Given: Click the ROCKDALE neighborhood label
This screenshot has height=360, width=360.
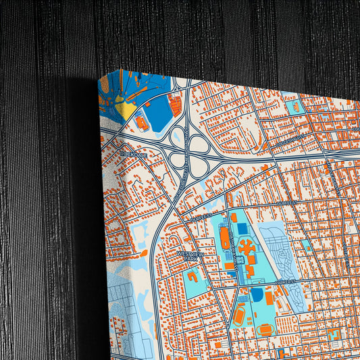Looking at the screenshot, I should tap(132, 154).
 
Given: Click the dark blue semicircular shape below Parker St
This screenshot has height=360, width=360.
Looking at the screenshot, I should tap(257, 295).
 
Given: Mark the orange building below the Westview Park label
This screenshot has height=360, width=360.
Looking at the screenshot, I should tap(192, 276).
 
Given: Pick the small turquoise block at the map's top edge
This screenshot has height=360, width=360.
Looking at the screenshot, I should tap(294, 106).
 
